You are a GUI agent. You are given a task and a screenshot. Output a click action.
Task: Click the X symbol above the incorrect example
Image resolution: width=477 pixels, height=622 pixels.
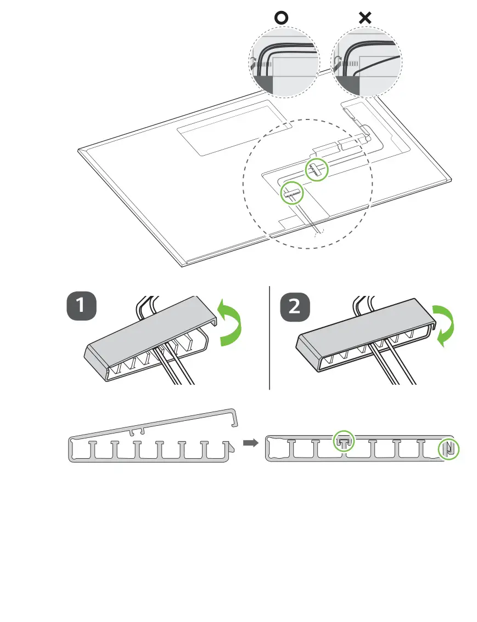click(x=364, y=18)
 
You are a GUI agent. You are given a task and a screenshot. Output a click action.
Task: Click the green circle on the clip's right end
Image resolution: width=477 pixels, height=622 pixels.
click(x=449, y=449)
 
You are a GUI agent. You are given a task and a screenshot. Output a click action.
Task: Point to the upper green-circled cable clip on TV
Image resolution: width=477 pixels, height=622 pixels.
click(x=316, y=169)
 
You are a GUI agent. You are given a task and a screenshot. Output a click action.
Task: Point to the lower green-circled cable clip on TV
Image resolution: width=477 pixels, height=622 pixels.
click(x=291, y=192)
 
